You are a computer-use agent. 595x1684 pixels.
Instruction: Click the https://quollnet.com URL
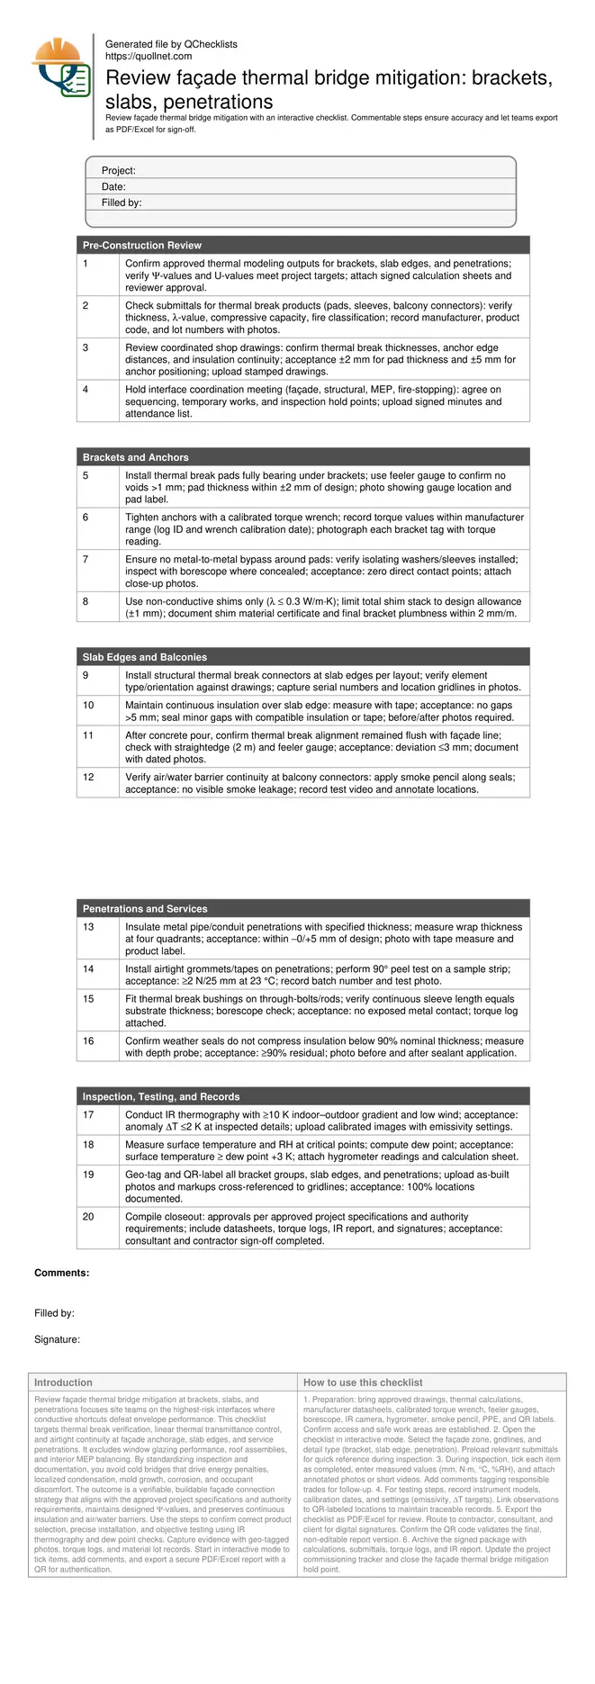pyautogui.click(x=149, y=56)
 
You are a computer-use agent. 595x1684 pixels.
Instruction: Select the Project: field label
pyautogui.click(x=119, y=170)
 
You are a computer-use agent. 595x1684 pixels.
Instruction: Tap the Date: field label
pyautogui.click(x=113, y=186)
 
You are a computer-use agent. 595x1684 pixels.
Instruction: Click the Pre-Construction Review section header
pyautogui.click(x=142, y=245)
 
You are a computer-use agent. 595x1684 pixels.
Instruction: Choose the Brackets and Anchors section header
pyautogui.click(x=136, y=457)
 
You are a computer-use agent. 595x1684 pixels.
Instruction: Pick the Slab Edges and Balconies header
pyautogui.click(x=145, y=657)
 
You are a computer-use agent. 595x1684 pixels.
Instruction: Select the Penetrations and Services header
pyautogui.click(x=145, y=909)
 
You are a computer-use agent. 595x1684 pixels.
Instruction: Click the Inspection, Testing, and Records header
pyautogui.click(x=161, y=1097)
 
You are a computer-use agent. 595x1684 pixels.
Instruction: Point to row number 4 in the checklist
pyautogui.click(x=86, y=390)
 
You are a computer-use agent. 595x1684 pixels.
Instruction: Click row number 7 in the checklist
pyautogui.click(x=86, y=560)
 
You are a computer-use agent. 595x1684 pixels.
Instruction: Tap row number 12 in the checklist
pyautogui.click(x=88, y=778)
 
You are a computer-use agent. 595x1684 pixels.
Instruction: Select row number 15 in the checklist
pyautogui.click(x=88, y=999)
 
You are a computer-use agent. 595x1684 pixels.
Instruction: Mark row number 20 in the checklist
pyautogui.click(x=88, y=1217)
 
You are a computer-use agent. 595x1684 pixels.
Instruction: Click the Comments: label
pyautogui.click(x=62, y=1273)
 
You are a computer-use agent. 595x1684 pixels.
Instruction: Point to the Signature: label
pyautogui.click(x=58, y=1339)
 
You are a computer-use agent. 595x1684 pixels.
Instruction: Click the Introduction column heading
pyautogui.click(x=63, y=1382)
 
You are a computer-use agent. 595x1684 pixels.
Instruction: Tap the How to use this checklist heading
pyautogui.click(x=363, y=1382)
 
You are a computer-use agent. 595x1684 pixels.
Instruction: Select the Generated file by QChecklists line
pyautogui.click(x=171, y=44)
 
